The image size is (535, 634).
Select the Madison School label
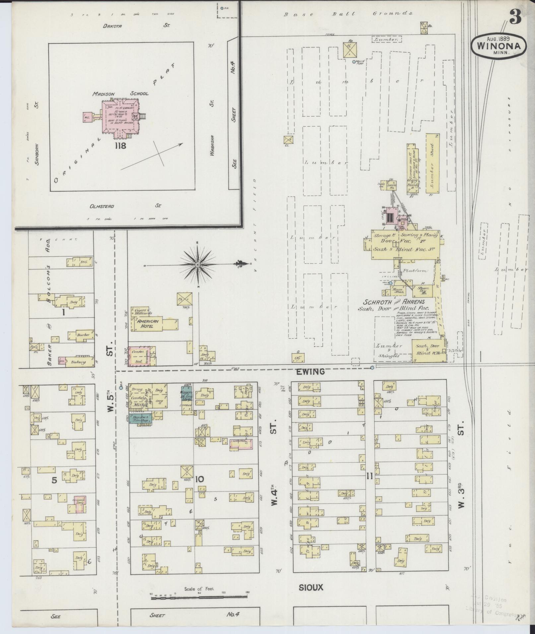point(120,94)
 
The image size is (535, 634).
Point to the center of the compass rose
point(198,265)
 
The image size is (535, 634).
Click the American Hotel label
point(148,324)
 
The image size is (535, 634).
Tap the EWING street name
point(313,372)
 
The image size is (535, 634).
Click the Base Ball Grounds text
point(349,14)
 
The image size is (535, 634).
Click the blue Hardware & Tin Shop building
point(140,419)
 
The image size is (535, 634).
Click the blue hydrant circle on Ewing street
point(372,368)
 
